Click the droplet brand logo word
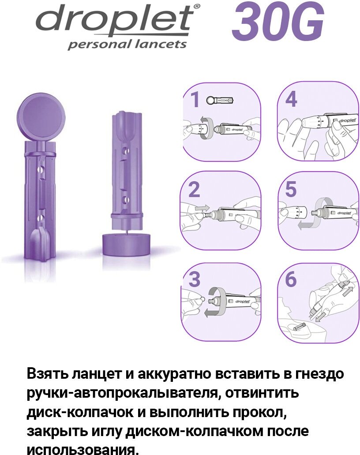coord(115,19)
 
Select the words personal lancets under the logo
coord(127,44)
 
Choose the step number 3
coord(194,279)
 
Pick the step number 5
coord(291,189)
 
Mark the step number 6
coord(291,279)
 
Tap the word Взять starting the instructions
coord(47,374)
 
